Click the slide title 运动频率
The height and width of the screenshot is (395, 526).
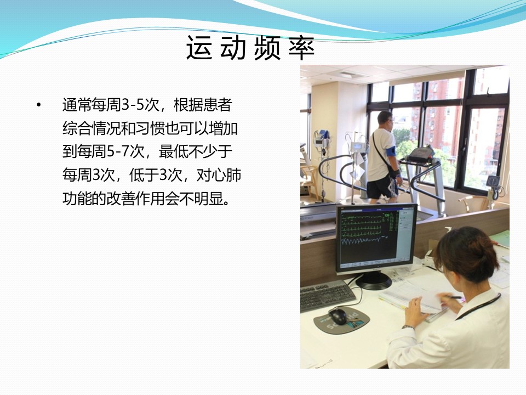250,48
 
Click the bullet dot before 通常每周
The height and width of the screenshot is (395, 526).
39,105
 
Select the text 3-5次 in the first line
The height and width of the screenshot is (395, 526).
140,105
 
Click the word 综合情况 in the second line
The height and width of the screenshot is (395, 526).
92,128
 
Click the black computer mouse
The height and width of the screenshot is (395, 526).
338,316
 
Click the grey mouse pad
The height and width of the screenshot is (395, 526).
341,319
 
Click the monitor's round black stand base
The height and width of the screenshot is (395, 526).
373,281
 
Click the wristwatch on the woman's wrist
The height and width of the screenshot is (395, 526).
408,327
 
